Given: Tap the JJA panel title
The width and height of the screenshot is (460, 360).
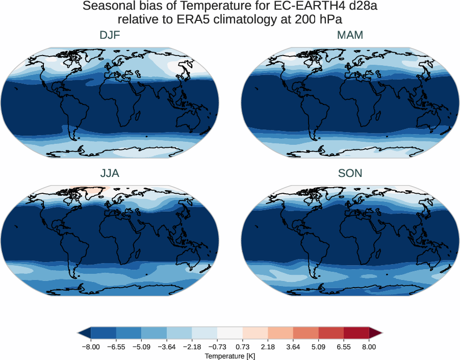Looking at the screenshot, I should coord(110,173).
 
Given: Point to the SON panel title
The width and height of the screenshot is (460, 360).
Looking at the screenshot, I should coord(350,173).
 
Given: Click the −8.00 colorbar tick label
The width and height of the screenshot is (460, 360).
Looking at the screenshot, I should coord(90,347).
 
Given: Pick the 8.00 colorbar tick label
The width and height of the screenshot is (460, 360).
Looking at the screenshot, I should coord(369,347).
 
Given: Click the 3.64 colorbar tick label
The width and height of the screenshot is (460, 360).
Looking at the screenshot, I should coord(293,347).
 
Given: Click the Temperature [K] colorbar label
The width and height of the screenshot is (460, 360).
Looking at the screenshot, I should coord(229,356).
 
